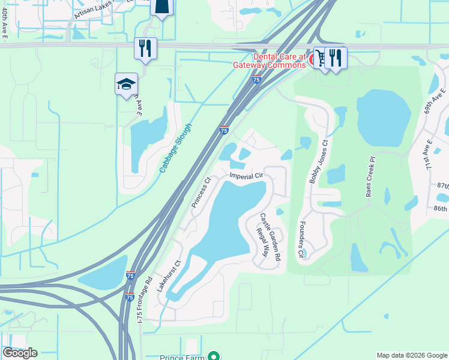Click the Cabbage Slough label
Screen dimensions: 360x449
(176, 148)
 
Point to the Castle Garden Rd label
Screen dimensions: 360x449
(271, 237)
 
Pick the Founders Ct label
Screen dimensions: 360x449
(300, 241)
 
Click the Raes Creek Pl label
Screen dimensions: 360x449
(370, 178)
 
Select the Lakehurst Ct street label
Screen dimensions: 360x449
(169, 276)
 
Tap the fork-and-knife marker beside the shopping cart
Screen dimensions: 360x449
(336, 58)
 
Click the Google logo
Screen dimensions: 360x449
(19, 353)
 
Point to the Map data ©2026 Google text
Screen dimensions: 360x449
(412, 355)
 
